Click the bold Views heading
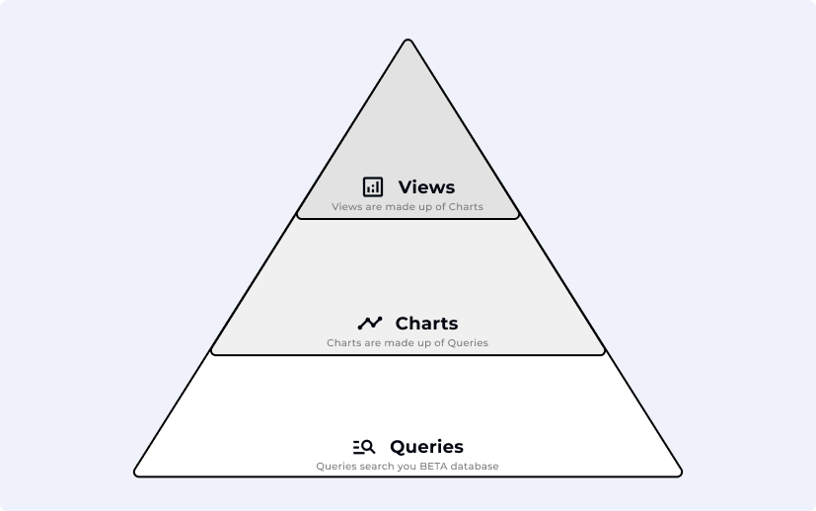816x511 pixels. tap(426, 186)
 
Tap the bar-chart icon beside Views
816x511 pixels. tap(372, 186)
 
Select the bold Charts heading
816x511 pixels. tap(426, 323)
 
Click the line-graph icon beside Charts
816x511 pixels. tap(369, 323)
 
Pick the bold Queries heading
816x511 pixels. tap(426, 446)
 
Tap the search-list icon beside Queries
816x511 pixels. tap(363, 446)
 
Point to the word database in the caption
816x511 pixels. tap(476, 466)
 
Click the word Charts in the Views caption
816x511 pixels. tap(466, 206)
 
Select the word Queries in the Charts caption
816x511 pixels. tap(469, 342)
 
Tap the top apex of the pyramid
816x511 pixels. tap(408, 40)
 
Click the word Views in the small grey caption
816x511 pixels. tap(346, 206)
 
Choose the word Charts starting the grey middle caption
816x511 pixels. tap(343, 342)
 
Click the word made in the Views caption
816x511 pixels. tap(398, 206)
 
